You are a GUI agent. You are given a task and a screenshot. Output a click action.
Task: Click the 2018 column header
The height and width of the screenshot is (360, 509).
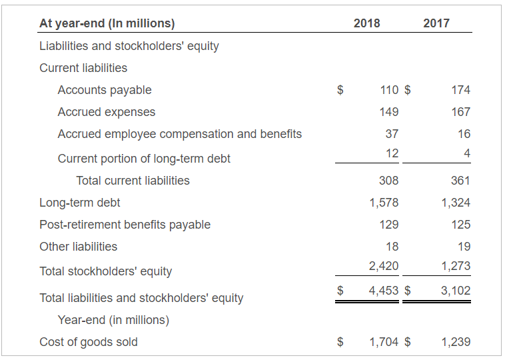click(366, 23)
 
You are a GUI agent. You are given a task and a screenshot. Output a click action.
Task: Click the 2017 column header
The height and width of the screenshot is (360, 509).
click(436, 23)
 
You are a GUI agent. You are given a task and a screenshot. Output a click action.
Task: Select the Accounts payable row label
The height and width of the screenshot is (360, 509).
click(105, 90)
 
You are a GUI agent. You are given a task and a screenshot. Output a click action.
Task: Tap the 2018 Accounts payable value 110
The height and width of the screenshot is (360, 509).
click(389, 90)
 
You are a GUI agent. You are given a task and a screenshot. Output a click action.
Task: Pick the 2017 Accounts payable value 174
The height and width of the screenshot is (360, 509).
click(460, 90)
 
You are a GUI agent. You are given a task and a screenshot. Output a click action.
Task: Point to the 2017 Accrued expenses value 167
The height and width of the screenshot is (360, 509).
click(460, 112)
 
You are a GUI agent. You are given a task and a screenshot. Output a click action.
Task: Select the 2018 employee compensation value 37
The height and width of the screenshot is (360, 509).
click(392, 134)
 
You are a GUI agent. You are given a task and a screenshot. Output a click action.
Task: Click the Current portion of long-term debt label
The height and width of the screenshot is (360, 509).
click(144, 159)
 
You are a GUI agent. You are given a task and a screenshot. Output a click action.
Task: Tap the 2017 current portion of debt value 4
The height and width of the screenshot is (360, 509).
click(467, 153)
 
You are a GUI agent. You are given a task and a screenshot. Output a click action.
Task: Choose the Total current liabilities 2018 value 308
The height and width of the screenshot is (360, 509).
click(389, 181)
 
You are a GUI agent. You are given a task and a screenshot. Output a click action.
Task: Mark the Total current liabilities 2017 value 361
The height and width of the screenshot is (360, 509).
click(460, 181)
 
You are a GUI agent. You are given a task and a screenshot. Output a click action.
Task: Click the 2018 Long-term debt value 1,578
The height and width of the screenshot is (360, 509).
click(384, 203)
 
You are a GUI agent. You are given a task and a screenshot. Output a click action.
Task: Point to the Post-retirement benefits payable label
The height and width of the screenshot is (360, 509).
click(125, 225)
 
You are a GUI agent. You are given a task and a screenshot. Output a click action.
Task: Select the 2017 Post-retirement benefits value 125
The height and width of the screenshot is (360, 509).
click(460, 225)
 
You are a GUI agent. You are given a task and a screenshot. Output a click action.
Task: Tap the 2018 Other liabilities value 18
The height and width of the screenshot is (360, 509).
click(392, 247)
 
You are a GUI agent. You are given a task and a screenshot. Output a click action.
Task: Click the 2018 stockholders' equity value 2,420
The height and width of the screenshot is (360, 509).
click(384, 266)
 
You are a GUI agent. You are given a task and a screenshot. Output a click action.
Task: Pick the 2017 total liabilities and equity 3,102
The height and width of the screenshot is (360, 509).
click(456, 291)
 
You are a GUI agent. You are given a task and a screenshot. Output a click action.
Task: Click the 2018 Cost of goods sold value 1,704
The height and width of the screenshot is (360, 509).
click(384, 342)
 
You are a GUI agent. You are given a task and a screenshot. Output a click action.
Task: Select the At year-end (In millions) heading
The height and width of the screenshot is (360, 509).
click(107, 23)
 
